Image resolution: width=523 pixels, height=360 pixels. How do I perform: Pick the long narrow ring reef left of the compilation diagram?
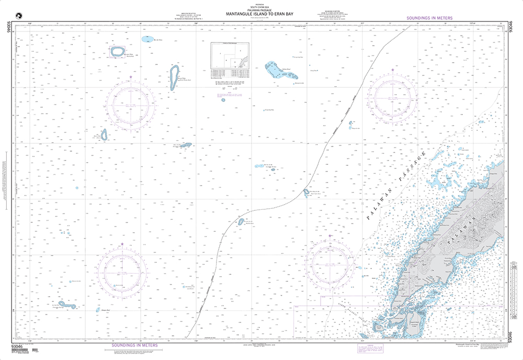click(x=174, y=77)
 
